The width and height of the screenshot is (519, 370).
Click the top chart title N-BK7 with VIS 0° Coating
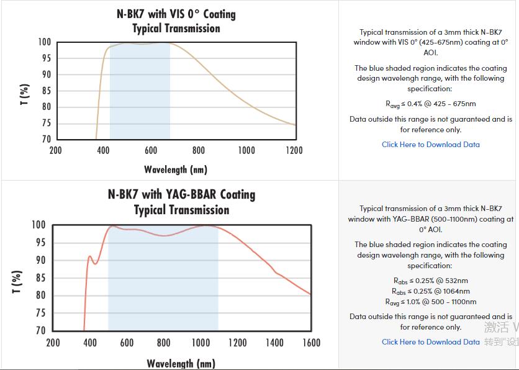point(176,14)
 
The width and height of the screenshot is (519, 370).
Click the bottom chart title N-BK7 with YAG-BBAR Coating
point(181,194)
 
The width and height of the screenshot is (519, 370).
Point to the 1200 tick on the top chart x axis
point(294,150)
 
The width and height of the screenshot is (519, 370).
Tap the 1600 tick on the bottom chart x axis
point(311,343)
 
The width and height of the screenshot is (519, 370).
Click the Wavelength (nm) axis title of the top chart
point(176,169)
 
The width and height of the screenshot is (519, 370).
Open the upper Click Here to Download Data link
point(430,145)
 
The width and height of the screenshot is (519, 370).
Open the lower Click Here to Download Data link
point(430,342)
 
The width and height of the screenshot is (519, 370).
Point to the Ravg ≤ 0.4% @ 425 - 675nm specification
point(430,104)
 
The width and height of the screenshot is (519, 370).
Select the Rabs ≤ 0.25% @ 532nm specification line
point(430,281)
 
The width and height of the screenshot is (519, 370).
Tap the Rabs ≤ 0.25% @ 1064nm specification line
point(430,291)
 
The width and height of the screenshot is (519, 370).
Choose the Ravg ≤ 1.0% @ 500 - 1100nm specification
point(430,302)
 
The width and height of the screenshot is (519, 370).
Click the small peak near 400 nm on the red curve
point(90,256)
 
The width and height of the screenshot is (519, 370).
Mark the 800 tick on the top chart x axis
point(199,150)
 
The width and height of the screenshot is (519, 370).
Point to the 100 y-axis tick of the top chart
point(44,42)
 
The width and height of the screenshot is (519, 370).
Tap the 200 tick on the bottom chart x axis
point(53,343)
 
